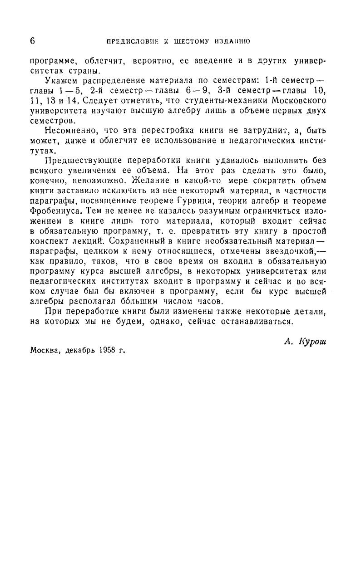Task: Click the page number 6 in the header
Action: point(33,41)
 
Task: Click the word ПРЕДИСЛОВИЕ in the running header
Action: point(132,42)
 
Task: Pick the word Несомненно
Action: point(69,131)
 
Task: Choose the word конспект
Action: point(49,240)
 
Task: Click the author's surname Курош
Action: point(312,342)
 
